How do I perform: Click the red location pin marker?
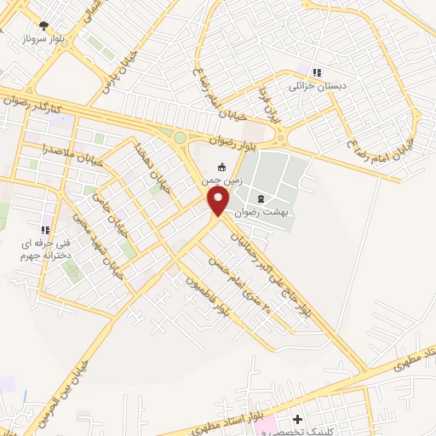click(x=218, y=201)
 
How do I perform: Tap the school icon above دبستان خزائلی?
click(x=317, y=72)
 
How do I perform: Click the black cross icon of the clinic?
click(x=297, y=420)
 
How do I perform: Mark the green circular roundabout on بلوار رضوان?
click(x=180, y=137)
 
